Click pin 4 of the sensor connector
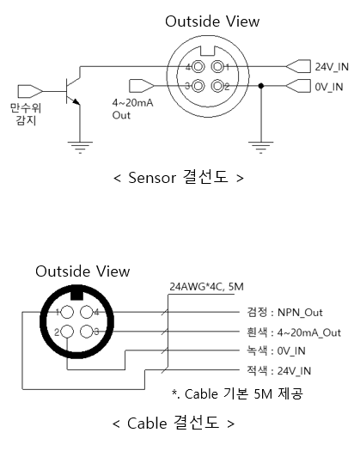coord(198,67)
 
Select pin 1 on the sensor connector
coord(217,67)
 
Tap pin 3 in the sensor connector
coord(198,86)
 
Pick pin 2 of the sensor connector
coord(217,86)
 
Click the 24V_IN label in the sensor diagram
coord(332,67)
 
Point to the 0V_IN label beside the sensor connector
coord(329,87)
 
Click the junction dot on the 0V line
coord(261,86)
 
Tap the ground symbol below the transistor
coord(80,148)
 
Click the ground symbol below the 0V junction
coord(261,148)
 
